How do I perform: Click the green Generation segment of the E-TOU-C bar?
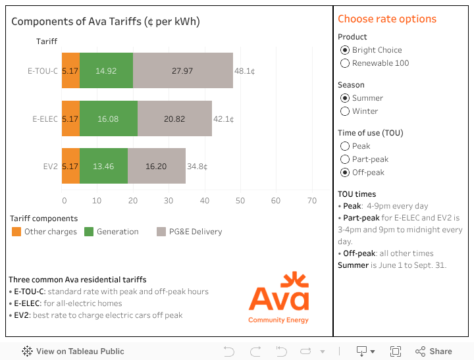pos(106,70)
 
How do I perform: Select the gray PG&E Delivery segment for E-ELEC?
pos(174,118)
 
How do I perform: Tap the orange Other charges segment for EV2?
pos(70,166)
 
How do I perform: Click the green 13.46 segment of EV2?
pos(103,166)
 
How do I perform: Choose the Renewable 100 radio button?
pos(345,63)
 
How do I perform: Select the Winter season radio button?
pos(345,111)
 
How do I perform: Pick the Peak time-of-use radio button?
pos(345,146)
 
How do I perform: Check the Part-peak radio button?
pos(345,159)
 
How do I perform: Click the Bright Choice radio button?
pos(345,50)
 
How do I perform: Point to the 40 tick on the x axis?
pos(205,201)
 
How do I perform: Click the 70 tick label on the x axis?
pos(311,201)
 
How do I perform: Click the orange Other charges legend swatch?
pos(16,232)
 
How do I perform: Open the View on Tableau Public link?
pos(73,351)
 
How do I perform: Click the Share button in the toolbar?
pos(434,351)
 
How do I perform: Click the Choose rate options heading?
pos(387,19)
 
